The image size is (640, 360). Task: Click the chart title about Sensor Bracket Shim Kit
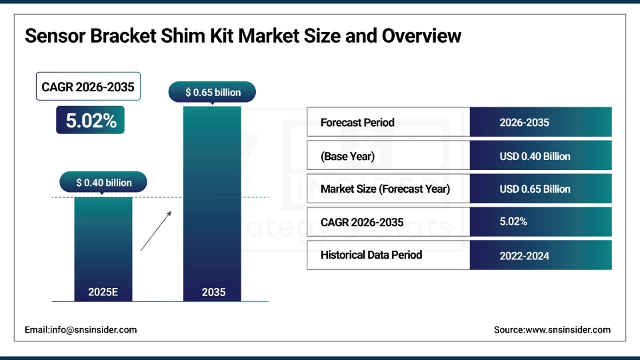click(x=243, y=35)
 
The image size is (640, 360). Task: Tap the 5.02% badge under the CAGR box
click(x=90, y=120)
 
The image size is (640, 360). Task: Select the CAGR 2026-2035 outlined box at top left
click(x=88, y=87)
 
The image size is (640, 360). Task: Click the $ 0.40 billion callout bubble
click(x=103, y=182)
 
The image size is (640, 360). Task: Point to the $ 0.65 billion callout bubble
click(x=213, y=92)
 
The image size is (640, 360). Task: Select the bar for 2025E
click(x=103, y=247)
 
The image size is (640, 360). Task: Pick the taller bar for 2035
click(x=213, y=200)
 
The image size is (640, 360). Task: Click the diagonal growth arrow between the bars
click(x=156, y=231)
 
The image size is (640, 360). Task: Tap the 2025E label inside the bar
click(x=103, y=292)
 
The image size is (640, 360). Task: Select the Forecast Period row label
click(x=357, y=123)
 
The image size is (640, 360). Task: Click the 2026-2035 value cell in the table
click(x=524, y=123)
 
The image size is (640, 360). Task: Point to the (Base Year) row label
click(x=347, y=156)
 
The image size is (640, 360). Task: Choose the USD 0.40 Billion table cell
click(x=535, y=156)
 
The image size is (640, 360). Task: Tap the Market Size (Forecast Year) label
click(x=385, y=189)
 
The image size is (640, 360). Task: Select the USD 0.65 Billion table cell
click(x=535, y=189)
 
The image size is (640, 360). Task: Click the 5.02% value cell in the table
click(x=513, y=221)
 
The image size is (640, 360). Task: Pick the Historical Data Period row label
click(x=371, y=255)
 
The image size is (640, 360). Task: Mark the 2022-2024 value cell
click(x=524, y=255)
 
